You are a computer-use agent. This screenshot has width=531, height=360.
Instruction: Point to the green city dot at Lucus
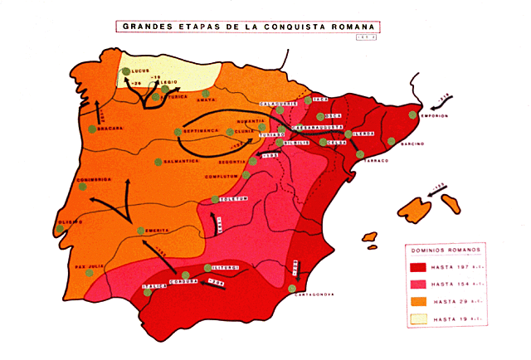(126, 73)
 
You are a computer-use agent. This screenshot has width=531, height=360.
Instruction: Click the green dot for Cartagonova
(293, 289)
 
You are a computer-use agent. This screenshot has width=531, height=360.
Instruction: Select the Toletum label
(235, 198)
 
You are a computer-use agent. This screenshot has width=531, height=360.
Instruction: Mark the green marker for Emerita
(140, 230)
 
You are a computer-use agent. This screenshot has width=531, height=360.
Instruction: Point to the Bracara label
(110, 129)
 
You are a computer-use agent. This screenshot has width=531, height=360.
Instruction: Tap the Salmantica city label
(180, 161)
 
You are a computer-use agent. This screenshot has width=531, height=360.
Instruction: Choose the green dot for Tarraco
(360, 153)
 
